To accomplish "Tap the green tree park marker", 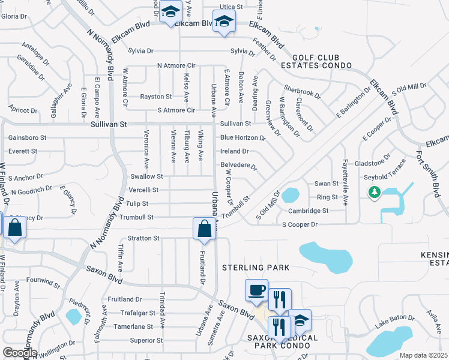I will pos(375,192).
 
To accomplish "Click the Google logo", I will pos(20,353).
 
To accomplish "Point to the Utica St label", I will pos(231,7).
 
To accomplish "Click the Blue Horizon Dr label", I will pos(243,137).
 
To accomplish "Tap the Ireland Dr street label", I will pos(235,151).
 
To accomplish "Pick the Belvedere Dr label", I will pos(239,166).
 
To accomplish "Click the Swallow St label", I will pos(147,176).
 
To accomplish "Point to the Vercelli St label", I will pos(143,190).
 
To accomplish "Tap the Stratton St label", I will pos(143,238).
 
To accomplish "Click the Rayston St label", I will pos(156,96).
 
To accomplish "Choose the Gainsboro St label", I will pos(28,137).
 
